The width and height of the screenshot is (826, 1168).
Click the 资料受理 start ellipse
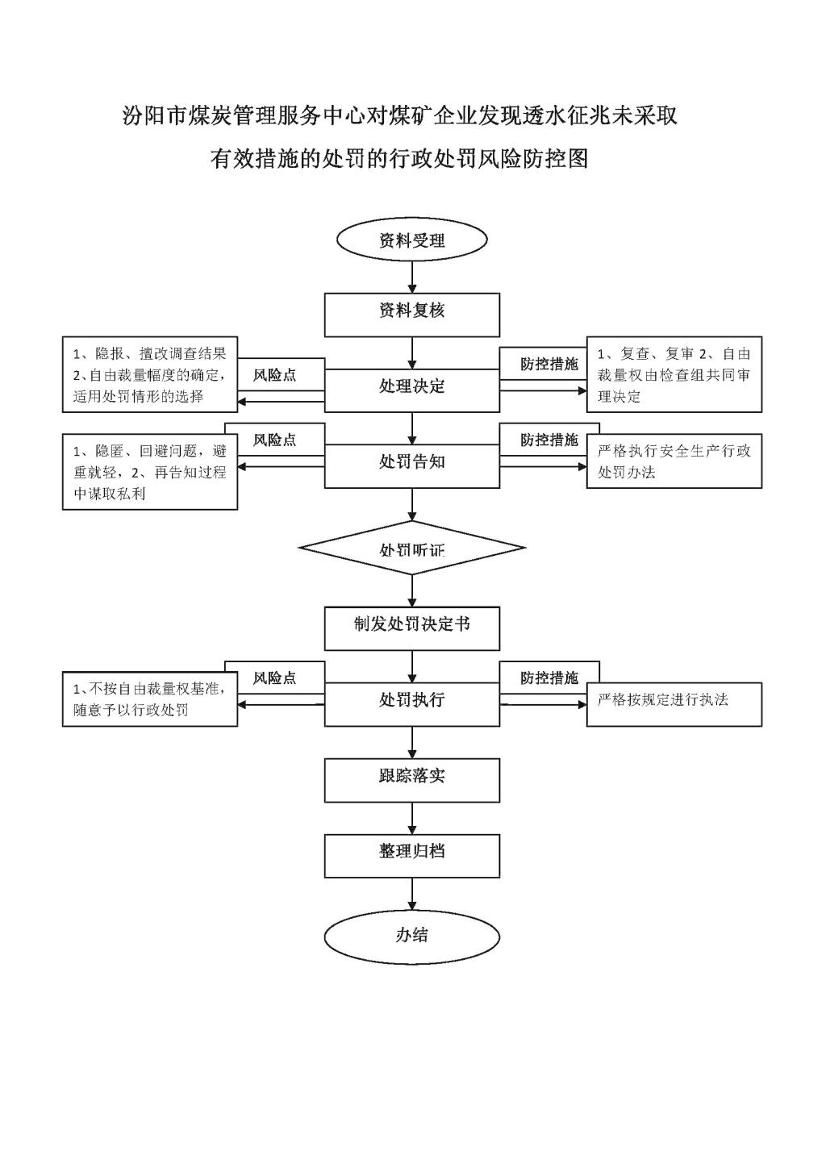pyautogui.click(x=412, y=240)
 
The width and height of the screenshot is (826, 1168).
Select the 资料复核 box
pyautogui.click(x=412, y=315)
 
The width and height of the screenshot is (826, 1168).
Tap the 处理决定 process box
pyautogui.click(x=412, y=390)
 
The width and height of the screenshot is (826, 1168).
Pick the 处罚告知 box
pyautogui.click(x=412, y=465)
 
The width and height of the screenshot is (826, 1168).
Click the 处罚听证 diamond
pyautogui.click(x=412, y=548)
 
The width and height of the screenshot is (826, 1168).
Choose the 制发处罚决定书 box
pyautogui.click(x=412, y=628)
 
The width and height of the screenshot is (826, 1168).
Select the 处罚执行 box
pyautogui.click(x=412, y=704)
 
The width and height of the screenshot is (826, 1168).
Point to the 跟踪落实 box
pyautogui.click(x=412, y=780)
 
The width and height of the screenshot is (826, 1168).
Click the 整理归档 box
pyautogui.click(x=412, y=856)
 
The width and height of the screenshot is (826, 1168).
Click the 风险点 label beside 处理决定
pyautogui.click(x=275, y=375)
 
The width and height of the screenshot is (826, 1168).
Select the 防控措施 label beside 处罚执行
pyautogui.click(x=549, y=678)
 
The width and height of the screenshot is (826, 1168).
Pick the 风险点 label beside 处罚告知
pyautogui.click(x=275, y=440)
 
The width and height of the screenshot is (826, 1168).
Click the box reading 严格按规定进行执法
pyautogui.click(x=674, y=704)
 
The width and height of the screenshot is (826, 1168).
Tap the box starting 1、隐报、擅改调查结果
pyautogui.click(x=150, y=374)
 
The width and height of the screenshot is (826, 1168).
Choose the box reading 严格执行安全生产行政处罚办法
pyautogui.click(x=674, y=461)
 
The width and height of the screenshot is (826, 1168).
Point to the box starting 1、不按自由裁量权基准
pyautogui.click(x=150, y=699)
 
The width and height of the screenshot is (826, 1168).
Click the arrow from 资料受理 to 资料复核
pyautogui.click(x=412, y=277)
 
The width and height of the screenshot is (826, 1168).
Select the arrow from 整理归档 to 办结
pyautogui.click(x=412, y=895)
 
